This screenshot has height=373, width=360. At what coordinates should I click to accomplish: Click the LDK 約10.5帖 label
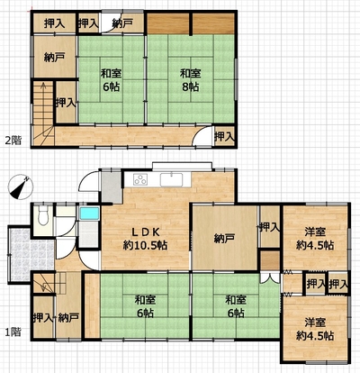coord(145,239)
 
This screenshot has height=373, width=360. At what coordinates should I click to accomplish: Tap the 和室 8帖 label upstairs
coord(190,80)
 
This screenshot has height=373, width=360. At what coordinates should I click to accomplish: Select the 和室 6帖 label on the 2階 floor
coord(111,80)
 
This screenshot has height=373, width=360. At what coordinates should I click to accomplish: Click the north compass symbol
coord(20,186)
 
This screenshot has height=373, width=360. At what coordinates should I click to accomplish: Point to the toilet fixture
coord(43,216)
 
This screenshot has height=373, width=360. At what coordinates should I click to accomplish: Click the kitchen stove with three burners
coord(140,180)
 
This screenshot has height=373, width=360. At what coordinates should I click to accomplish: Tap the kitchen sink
coord(171,180)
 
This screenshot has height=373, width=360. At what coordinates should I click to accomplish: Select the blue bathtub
coord(89,214)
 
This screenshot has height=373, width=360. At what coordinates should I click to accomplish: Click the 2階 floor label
coord(13,141)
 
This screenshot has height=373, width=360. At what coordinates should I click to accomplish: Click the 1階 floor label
coord(13,332)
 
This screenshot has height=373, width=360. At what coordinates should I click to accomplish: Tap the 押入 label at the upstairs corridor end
coord(224,137)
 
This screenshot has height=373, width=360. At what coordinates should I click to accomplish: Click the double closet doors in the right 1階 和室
coord(270,277)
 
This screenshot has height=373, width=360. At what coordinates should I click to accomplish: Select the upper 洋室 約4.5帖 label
coord(315,239)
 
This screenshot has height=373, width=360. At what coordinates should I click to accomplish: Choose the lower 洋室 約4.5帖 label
coord(315,330)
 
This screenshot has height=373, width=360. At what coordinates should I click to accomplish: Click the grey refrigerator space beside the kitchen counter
coord(112,187)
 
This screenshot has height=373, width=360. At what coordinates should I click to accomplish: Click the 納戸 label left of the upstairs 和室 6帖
coord(54,57)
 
